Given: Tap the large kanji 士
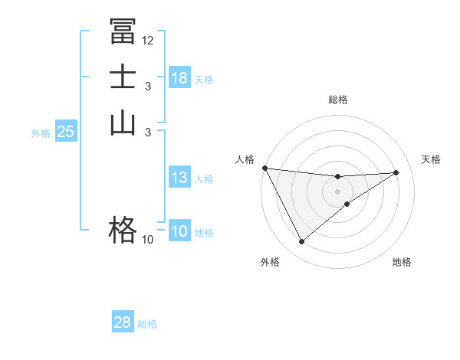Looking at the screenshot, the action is click(123, 79).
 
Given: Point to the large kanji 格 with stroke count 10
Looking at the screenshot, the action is click(123, 229).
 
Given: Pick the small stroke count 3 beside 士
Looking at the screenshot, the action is click(148, 87).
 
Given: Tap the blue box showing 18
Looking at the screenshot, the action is click(179, 78).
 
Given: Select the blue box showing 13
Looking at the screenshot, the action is click(179, 178).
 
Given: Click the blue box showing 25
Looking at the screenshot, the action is click(66, 132).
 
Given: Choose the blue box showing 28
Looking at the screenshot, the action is click(123, 322).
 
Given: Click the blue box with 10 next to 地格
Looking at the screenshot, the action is click(179, 232).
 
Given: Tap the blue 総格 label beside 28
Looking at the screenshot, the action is click(148, 324).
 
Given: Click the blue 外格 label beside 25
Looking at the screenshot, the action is click(41, 133).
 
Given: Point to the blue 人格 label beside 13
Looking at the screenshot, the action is click(205, 179).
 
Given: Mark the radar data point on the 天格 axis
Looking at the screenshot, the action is click(396, 172).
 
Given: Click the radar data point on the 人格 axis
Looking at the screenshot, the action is click(264, 168).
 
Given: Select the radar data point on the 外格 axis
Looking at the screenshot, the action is click(301, 242).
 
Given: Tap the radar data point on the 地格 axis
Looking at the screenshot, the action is click(347, 204).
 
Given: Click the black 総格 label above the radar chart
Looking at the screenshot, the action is click(338, 100).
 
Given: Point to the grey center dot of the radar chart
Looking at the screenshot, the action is click(338, 191).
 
